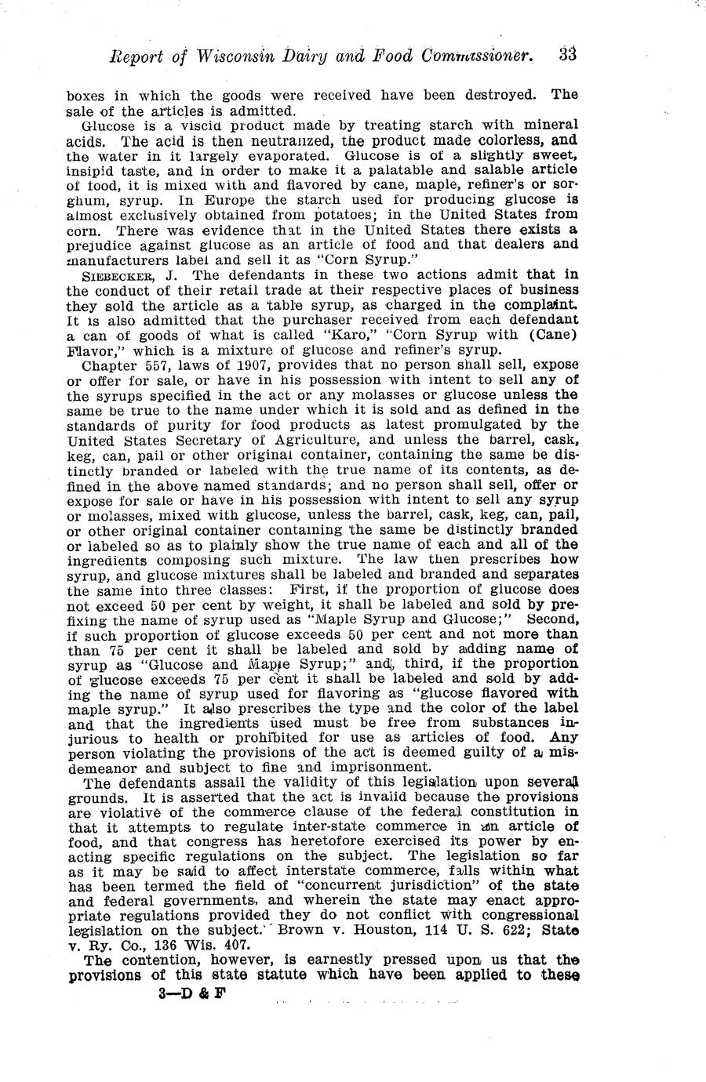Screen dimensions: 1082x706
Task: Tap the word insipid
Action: point(96,169)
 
